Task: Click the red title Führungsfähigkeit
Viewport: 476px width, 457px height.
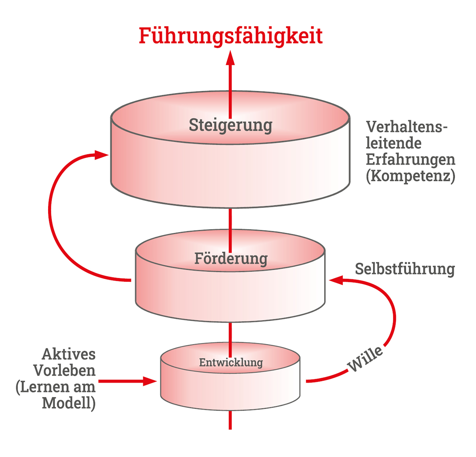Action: point(230,36)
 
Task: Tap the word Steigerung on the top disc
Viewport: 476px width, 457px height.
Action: point(230,126)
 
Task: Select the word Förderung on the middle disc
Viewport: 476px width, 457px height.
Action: point(231,259)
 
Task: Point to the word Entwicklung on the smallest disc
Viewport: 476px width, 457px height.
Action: point(231,363)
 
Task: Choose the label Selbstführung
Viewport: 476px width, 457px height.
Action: point(405,269)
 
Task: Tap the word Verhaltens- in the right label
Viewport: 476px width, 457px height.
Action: point(406,127)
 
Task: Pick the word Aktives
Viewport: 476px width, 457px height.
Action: point(69,354)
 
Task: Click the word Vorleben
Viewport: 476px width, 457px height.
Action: point(64,371)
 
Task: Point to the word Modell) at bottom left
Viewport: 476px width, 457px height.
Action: point(69,403)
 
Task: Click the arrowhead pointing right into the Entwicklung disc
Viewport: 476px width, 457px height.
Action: point(150,381)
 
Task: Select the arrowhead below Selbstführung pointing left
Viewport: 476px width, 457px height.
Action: point(336,280)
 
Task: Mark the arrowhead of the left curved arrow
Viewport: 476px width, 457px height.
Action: point(102,155)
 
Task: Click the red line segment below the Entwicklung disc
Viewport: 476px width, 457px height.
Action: point(230,420)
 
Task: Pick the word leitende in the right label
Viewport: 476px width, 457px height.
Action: point(394,143)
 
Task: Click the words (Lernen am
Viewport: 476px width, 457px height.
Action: point(56,387)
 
